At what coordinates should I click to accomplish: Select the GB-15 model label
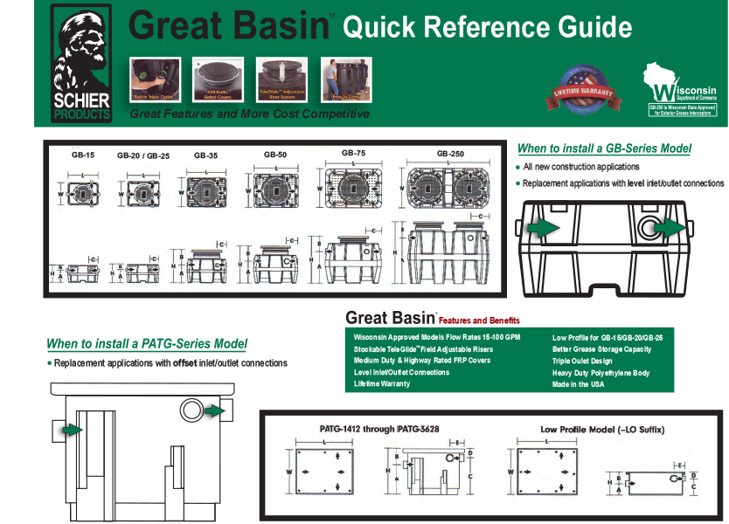(x=83, y=155)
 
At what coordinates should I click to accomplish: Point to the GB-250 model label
(x=451, y=154)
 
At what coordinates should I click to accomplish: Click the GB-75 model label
(x=353, y=153)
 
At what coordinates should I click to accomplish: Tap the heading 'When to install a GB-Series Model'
(x=604, y=148)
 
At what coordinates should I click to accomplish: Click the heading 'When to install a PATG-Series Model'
(x=147, y=344)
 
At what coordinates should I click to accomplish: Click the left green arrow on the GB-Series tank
(x=545, y=228)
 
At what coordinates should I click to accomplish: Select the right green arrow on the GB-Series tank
(x=670, y=228)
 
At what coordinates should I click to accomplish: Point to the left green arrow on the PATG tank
(x=73, y=430)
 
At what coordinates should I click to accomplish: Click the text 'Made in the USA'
(x=578, y=384)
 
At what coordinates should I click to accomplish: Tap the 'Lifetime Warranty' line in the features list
(x=382, y=384)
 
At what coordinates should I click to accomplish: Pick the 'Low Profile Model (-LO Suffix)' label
(x=603, y=430)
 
